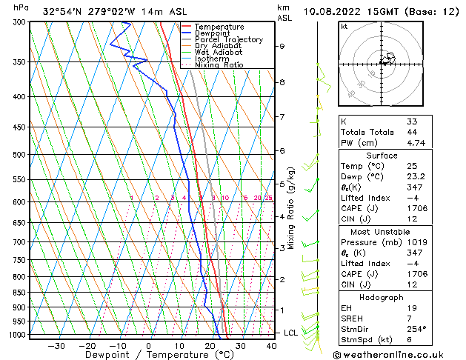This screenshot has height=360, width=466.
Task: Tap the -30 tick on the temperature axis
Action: coord(56,345)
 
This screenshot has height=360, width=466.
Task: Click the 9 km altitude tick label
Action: coord(282,46)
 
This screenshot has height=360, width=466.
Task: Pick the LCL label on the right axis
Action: coord(291,333)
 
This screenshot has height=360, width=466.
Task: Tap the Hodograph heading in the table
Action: coord(381,297)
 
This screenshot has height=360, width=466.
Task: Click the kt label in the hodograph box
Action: coord(344,26)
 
